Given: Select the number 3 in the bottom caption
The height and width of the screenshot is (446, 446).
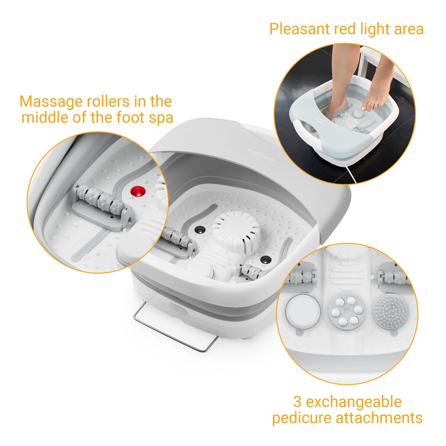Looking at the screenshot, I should point(297,402).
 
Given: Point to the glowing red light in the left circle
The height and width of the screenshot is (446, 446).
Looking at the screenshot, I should point(137,191).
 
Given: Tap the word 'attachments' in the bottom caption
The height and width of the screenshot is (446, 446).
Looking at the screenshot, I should point(379,418).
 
